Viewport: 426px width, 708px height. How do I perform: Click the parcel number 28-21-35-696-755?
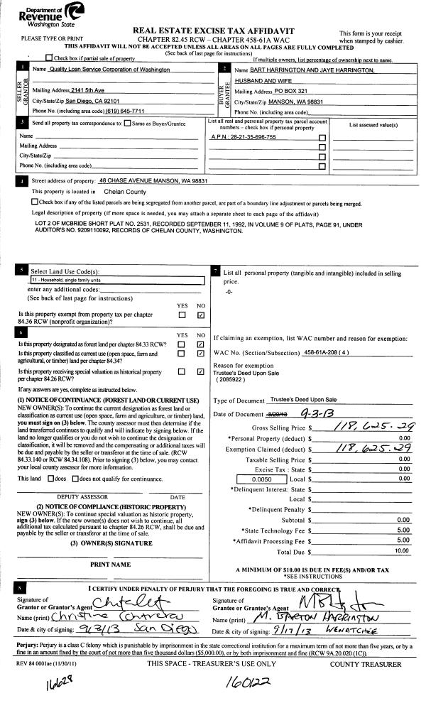(x=244, y=137)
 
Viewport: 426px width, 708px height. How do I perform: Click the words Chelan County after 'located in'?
(x=125, y=192)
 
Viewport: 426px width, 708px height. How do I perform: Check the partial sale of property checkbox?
(x=48, y=58)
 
